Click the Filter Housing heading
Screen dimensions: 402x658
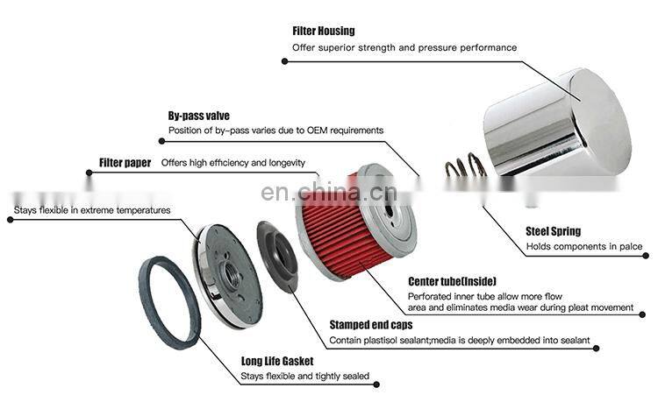click(324, 32)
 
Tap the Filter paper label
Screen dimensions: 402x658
click(125, 162)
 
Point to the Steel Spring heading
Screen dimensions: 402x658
click(554, 231)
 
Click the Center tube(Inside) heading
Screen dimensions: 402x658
click(453, 281)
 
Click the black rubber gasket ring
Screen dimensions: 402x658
click(170, 303)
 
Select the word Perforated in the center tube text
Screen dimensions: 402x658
click(433, 296)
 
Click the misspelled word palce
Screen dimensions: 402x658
click(630, 247)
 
